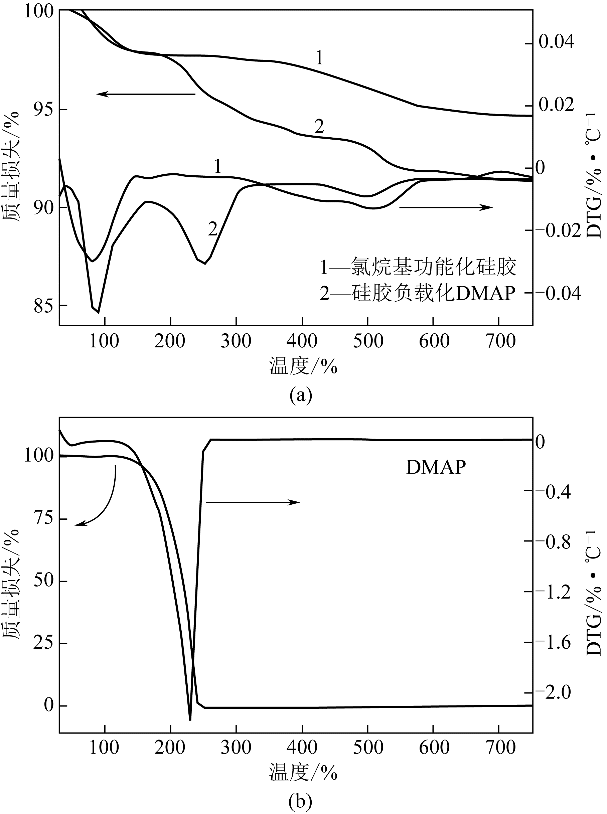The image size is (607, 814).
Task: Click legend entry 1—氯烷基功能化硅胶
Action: [418, 267]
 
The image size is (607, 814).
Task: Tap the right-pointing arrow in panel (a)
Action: [446, 207]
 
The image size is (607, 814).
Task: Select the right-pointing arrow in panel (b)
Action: [253, 502]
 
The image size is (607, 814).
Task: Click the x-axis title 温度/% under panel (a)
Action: [303, 366]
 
